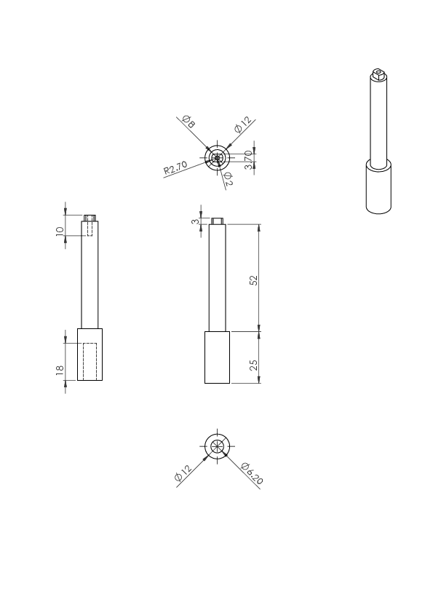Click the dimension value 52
pos(254,280)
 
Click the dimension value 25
pos(254,365)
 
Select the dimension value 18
pos(60,371)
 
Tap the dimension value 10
pos(60,231)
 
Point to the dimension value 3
pos(195,221)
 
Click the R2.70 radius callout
pos(175,167)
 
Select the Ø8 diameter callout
pos(188,122)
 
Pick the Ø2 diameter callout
pos(228,178)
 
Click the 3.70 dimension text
pos(249,160)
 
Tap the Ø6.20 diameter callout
pos(252,473)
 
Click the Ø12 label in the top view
pos(243,124)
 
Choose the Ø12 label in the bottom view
pos(183,472)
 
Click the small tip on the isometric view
pos(378,74)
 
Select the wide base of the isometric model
pos(378,187)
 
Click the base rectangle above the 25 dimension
pos(218,357)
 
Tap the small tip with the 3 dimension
pos(218,221)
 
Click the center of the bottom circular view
pos(218,446)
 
